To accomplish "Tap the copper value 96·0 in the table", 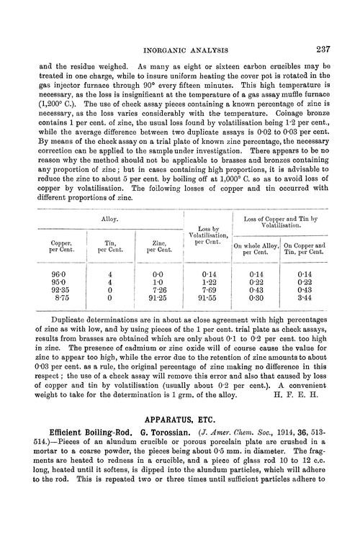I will (56, 274).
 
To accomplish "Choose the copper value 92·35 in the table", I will (56, 291).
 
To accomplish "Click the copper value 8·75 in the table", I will (56, 299).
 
